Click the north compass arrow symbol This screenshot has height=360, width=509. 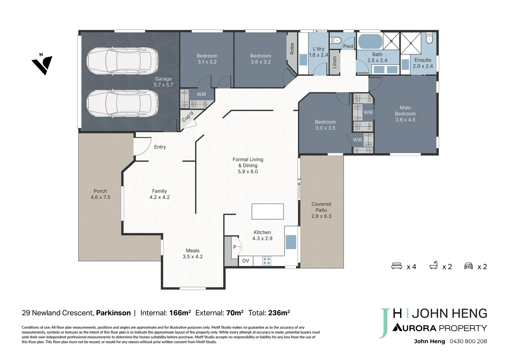coord(43,65)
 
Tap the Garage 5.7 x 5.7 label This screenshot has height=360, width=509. coord(163,82)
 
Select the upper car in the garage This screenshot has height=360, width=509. coord(123,61)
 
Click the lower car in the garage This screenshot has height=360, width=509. coord(123,103)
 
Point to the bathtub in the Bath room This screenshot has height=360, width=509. coord(370,41)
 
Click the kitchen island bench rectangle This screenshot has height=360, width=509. coord(267,211)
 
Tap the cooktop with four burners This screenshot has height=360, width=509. coord(266,261)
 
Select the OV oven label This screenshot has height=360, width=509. coord(246,261)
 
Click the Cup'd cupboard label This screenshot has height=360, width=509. coord(188,116)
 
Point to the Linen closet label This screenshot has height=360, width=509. coord(334,62)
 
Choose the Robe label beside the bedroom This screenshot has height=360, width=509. coord(292,49)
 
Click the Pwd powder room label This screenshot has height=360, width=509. coord(348,46)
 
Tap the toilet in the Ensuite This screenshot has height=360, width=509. coord(429,38)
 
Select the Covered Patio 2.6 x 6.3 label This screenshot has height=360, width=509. coord(321,210)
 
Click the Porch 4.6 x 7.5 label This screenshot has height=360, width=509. coord(100,194)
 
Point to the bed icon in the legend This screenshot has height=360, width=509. coord(396,266)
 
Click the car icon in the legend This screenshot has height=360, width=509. coord(468,266)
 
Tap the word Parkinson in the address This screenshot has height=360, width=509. coord(113,313)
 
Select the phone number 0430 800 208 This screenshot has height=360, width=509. coord(468,341)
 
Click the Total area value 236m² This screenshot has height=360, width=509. coord(279,313)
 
